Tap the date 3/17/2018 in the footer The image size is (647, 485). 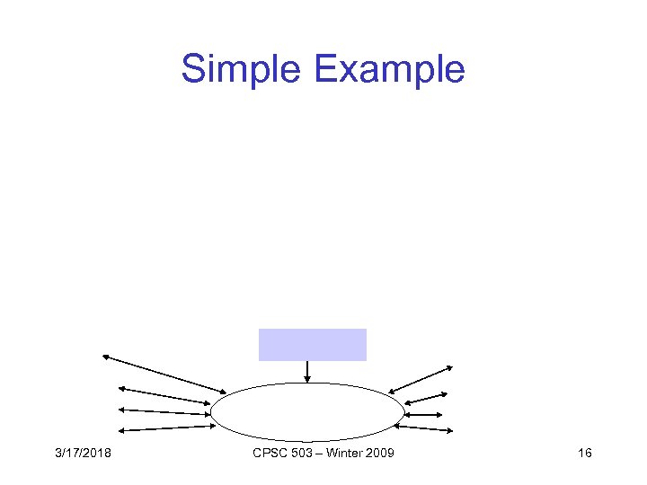(82, 454)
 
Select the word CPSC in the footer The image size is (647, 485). (269, 454)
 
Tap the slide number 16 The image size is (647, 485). (585, 454)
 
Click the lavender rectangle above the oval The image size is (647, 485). (312, 345)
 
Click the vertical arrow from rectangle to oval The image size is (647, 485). (307, 371)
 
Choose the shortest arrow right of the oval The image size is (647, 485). (423, 415)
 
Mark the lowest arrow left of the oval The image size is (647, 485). (166, 429)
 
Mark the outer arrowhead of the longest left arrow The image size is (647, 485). (105, 357)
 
